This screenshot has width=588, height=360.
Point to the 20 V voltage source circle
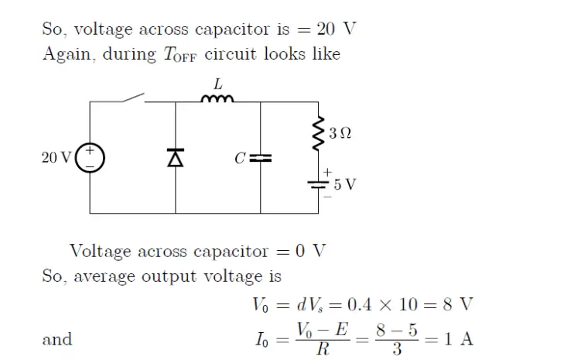(90, 158)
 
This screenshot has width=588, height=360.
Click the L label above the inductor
(217, 83)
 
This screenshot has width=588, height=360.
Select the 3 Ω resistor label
(340, 134)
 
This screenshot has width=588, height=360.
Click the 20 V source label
(56, 158)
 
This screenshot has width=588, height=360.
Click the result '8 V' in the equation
(456, 303)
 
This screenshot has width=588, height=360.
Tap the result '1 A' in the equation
(457, 338)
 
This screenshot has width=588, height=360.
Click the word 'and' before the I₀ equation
(56, 339)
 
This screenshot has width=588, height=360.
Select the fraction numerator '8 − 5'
(396, 330)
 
